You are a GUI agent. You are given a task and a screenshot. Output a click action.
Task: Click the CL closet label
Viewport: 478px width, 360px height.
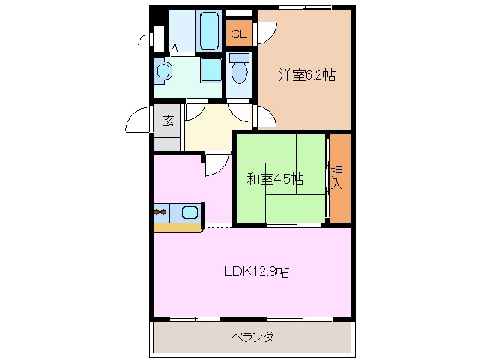239,34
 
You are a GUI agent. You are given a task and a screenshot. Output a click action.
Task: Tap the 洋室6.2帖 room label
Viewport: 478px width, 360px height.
307,75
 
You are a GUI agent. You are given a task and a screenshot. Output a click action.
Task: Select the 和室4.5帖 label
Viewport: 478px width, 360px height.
275,179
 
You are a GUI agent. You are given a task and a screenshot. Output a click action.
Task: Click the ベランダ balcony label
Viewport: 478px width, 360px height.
252,336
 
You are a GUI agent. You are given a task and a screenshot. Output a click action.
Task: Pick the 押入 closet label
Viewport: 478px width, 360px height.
338,178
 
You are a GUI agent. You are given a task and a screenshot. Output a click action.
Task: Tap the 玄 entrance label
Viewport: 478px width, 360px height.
168,120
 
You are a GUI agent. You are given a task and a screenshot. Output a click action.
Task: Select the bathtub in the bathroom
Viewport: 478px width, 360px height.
208,31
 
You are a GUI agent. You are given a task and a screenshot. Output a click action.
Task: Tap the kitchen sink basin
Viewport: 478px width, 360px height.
190,213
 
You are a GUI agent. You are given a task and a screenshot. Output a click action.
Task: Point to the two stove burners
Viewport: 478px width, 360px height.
161,213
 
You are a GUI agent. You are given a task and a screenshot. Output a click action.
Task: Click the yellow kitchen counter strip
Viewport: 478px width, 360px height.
177,226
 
